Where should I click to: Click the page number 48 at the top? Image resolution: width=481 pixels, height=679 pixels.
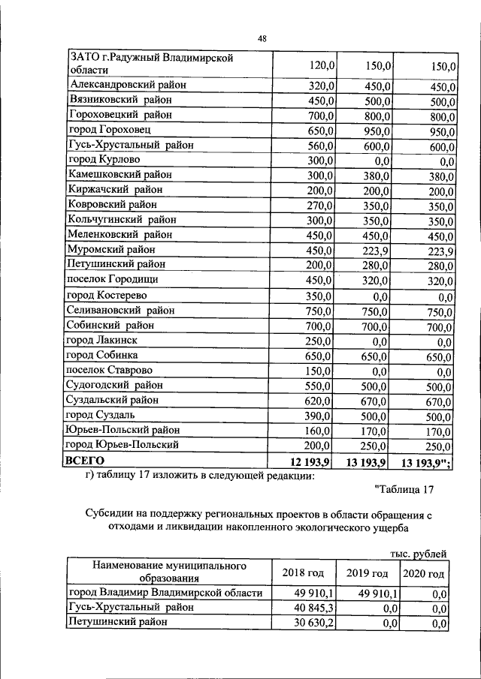(x=262, y=38)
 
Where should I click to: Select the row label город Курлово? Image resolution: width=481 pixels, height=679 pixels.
(x=103, y=160)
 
